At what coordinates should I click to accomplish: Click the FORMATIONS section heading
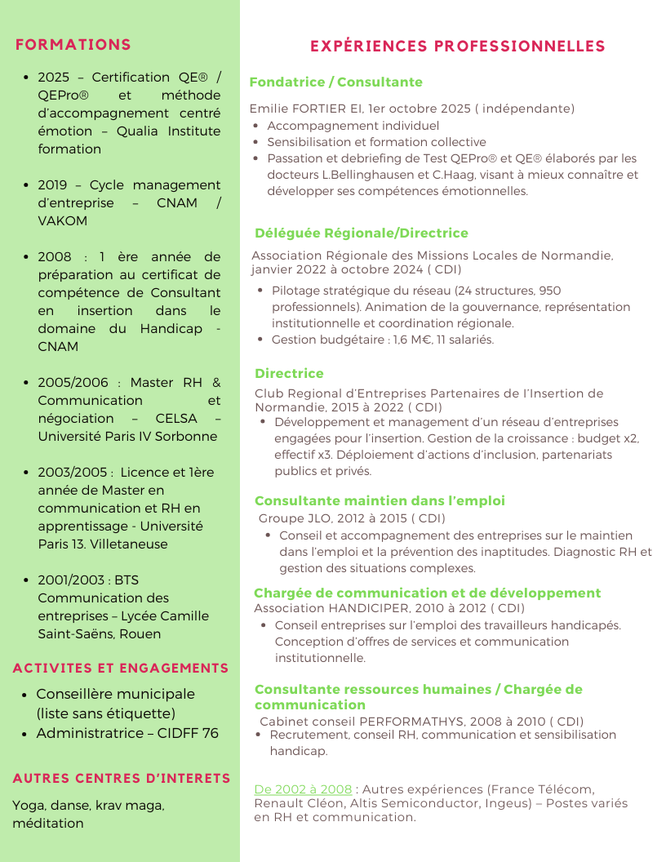(x=73, y=45)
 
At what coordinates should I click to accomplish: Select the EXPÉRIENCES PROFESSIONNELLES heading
(x=457, y=47)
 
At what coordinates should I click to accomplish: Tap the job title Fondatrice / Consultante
(x=335, y=82)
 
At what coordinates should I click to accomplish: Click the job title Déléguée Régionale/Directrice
(x=362, y=233)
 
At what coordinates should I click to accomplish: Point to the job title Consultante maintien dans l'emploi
(x=380, y=501)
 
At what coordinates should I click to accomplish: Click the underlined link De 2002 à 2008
(x=303, y=789)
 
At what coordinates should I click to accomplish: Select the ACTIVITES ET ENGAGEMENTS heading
(x=121, y=669)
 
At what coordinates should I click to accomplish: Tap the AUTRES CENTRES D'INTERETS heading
(x=122, y=779)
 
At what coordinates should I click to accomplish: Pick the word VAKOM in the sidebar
(x=63, y=221)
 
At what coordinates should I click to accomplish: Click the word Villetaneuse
(x=129, y=544)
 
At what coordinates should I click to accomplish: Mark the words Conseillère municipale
(x=115, y=694)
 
